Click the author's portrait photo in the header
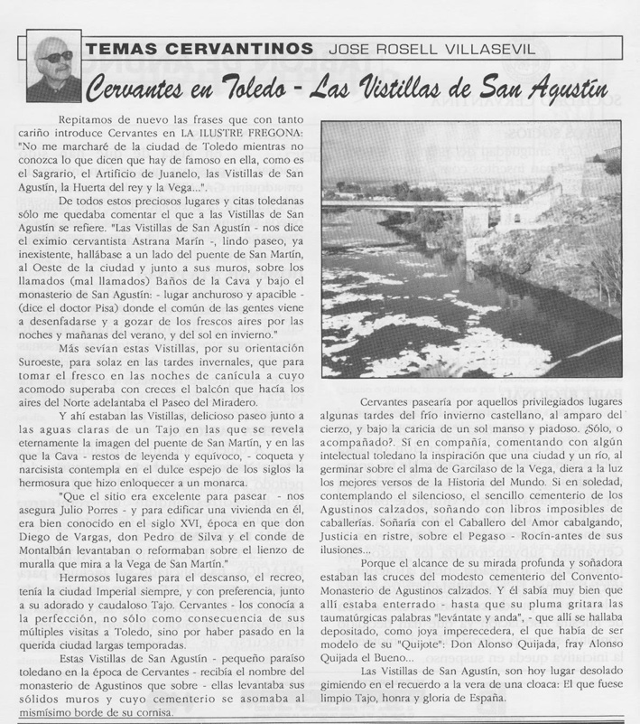[53, 66]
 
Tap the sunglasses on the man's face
[55, 56]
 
